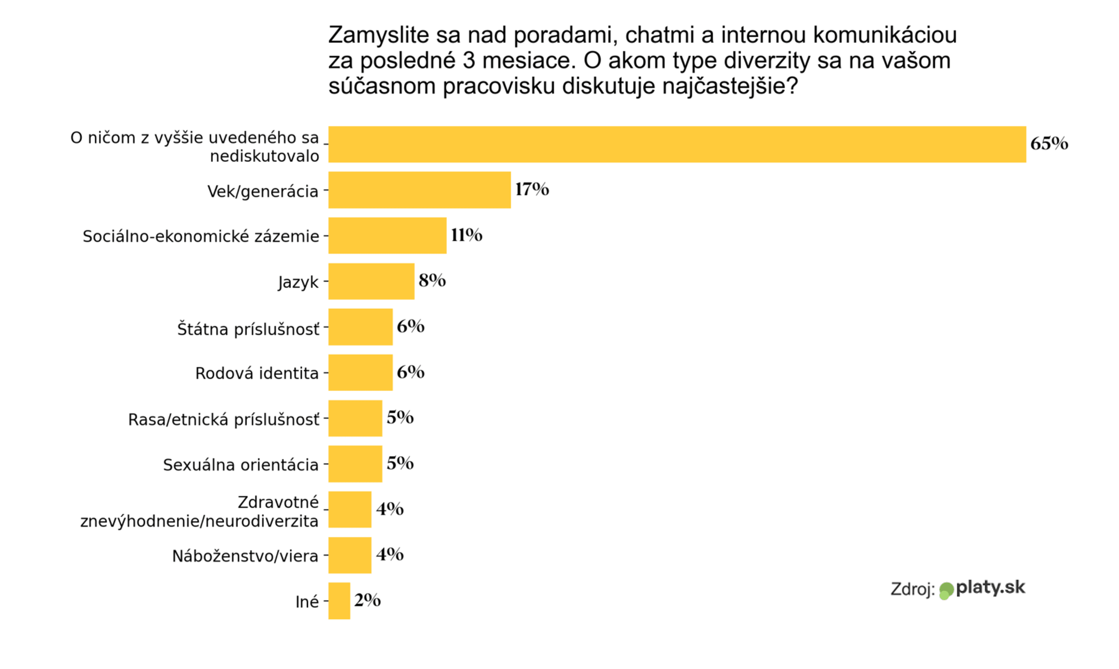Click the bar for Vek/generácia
coord(419,190)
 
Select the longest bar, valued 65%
coord(677,144)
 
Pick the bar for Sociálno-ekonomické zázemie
coord(387,235)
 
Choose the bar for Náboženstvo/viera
coord(350,555)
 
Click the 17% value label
coord(532,189)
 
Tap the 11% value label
coord(466,235)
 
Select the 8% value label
coord(432,280)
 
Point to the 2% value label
coord(367,600)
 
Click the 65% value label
coord(1049,143)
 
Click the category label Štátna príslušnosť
coord(248,329)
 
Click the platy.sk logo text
coord(990,587)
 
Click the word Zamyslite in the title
coord(378,36)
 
